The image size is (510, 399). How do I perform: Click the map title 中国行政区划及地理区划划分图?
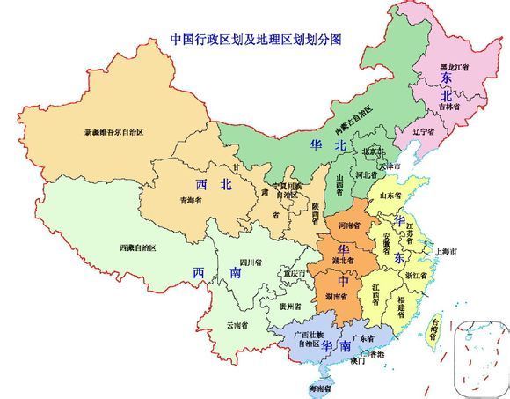[255, 40]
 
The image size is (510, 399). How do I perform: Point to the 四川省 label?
[252, 262]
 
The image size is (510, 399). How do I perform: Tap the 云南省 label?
[237, 324]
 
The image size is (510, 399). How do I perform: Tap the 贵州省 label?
[288, 307]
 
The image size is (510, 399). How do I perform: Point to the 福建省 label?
[407, 300]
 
